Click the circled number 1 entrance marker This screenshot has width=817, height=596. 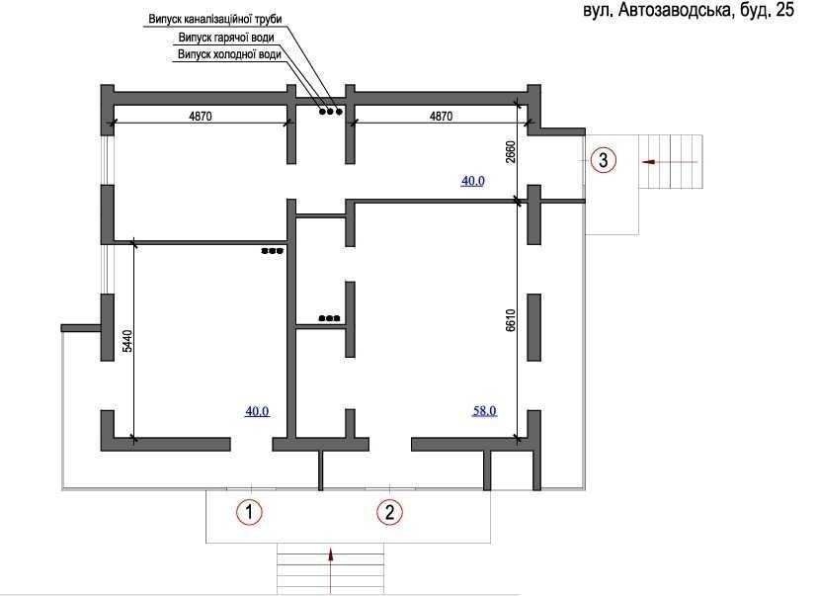point(249,512)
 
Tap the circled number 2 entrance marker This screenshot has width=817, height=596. point(390,512)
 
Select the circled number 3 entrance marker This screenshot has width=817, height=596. point(603,159)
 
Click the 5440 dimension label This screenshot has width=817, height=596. point(128,341)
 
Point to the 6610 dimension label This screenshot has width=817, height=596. point(510,319)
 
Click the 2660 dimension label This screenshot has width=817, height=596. point(510,152)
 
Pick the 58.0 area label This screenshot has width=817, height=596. point(485,411)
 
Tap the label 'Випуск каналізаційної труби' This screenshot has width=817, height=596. point(215,20)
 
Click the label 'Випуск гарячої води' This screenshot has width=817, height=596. point(226,38)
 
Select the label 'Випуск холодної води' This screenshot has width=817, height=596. point(229,54)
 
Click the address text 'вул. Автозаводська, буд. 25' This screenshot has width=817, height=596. point(689,9)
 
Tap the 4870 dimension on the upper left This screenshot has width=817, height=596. point(201,116)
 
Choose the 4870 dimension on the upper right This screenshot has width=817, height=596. point(441,116)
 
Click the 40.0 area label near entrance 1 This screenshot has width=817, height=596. point(258,411)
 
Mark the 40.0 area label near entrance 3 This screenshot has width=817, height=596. point(472,181)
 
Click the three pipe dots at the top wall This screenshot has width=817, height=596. point(331,111)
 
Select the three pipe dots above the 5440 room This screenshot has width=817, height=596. point(273,251)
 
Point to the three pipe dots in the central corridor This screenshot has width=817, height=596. point(329,318)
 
